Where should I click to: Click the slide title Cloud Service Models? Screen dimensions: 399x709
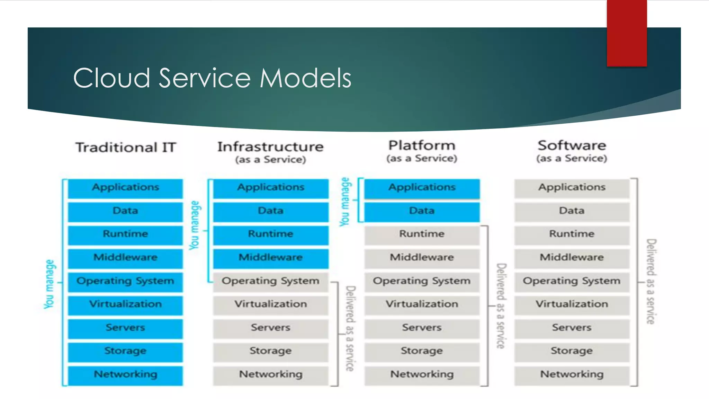[x=212, y=78]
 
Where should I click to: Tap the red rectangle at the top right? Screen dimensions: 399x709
[x=627, y=33]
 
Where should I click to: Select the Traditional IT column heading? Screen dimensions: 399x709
[x=126, y=148]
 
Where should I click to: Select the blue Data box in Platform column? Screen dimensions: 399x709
[x=422, y=211]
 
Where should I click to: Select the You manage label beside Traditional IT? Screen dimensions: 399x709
[x=50, y=284]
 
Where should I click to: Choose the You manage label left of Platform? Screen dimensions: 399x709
[x=345, y=202]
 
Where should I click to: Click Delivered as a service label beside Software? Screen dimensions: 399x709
[x=651, y=281]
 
